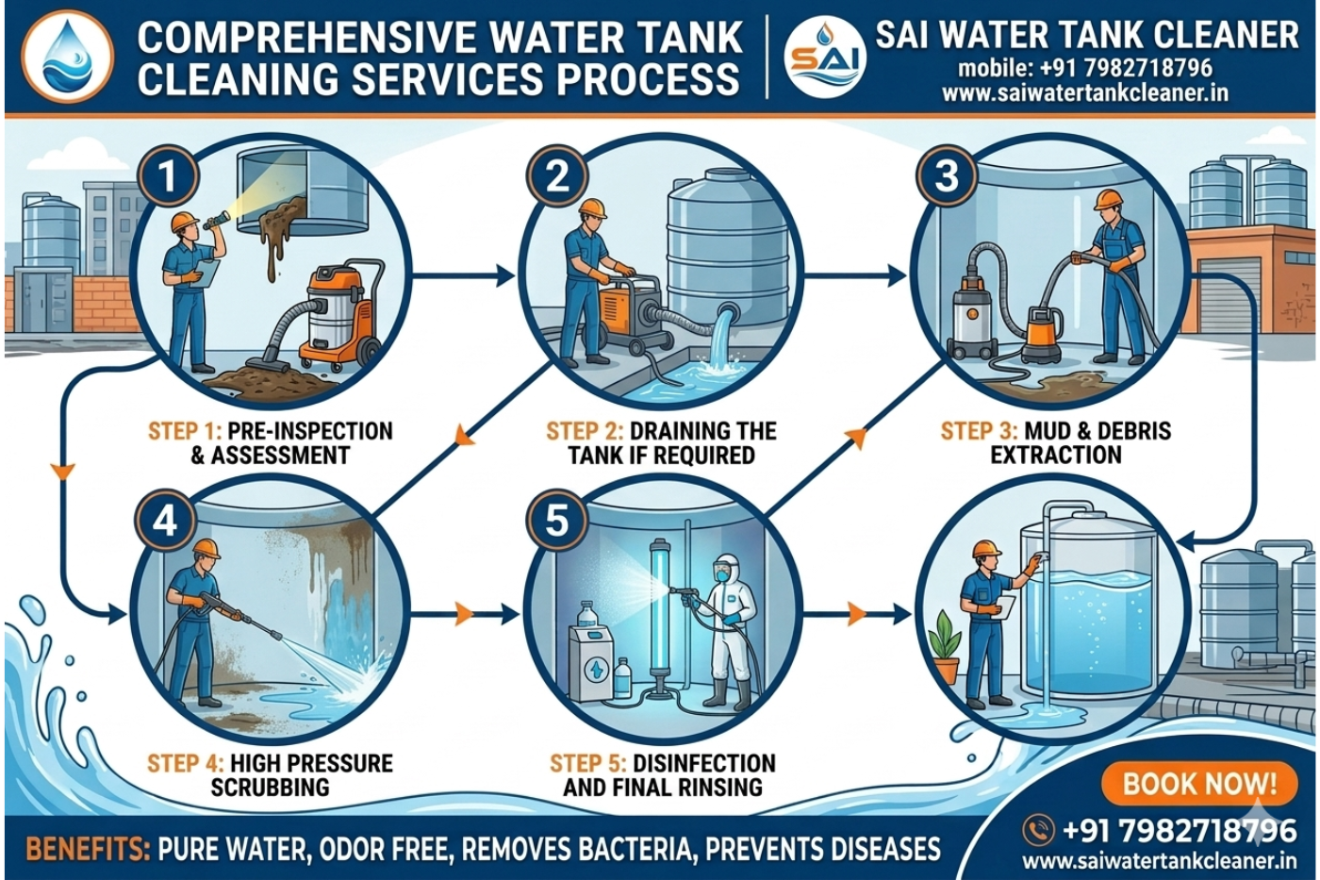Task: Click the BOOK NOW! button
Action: (1198, 783)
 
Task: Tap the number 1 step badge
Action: (167, 176)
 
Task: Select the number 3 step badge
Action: (946, 176)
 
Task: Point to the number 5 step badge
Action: (556, 520)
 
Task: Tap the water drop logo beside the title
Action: (67, 56)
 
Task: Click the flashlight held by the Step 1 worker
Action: (216, 220)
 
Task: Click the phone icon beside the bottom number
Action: (1038, 830)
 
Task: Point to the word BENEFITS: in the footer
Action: (87, 849)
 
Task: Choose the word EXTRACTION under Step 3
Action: (1055, 455)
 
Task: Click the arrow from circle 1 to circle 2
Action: (462, 276)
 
